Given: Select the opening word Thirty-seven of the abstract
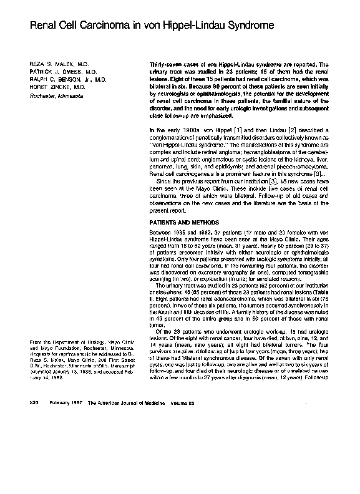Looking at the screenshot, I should pos(164,64).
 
